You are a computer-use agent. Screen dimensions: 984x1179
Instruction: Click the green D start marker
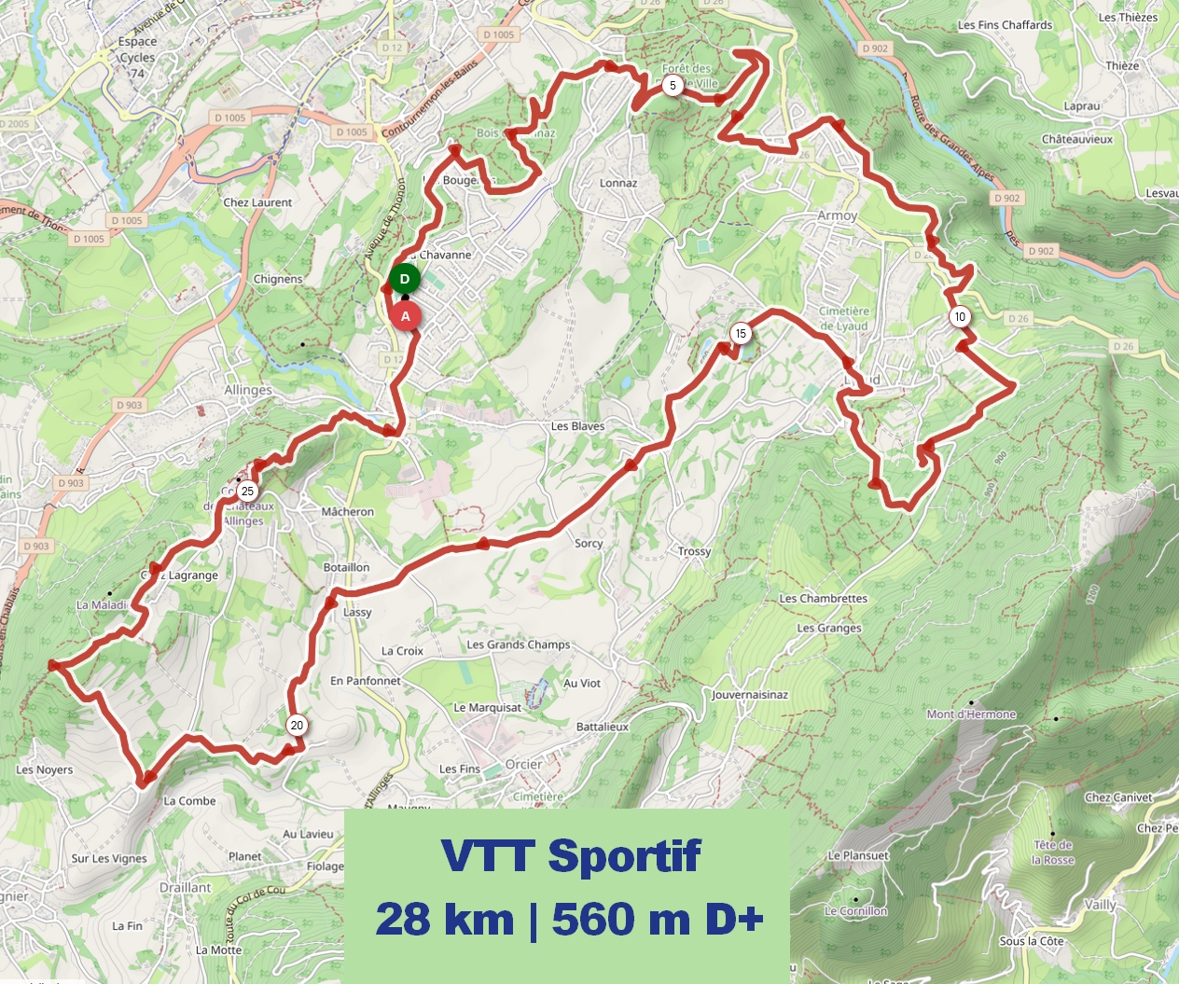tap(405, 279)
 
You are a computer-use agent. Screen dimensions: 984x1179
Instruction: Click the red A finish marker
tap(406, 316)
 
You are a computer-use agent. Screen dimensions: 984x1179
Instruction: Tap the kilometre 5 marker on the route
tap(673, 86)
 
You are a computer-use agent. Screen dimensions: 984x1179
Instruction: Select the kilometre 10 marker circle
tap(960, 317)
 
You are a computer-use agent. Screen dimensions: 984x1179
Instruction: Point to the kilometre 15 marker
tap(741, 334)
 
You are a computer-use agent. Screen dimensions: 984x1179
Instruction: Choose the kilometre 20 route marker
tap(297, 726)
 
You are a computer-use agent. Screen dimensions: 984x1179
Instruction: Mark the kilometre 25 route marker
tap(247, 492)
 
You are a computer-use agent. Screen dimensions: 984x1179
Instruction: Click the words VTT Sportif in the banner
tap(570, 856)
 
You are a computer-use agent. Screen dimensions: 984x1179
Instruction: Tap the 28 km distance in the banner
tap(445, 920)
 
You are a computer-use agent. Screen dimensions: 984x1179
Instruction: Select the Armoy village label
tap(837, 215)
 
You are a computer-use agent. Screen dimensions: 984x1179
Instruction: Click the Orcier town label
tap(523, 764)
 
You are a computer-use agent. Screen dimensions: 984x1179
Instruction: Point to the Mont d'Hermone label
tap(971, 714)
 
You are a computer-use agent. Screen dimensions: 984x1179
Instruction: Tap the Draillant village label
tap(185, 887)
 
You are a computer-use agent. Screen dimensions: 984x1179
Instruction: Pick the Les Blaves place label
tap(577, 426)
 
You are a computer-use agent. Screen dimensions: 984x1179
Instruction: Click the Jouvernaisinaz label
tap(750, 695)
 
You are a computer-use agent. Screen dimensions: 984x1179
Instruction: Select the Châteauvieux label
tap(1077, 139)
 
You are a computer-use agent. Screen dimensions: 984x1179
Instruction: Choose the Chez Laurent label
tap(257, 202)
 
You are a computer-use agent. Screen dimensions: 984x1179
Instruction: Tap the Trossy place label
tap(694, 551)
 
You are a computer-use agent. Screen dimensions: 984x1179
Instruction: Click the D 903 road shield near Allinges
tap(130, 405)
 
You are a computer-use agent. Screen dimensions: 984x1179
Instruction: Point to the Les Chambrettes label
tap(823, 599)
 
